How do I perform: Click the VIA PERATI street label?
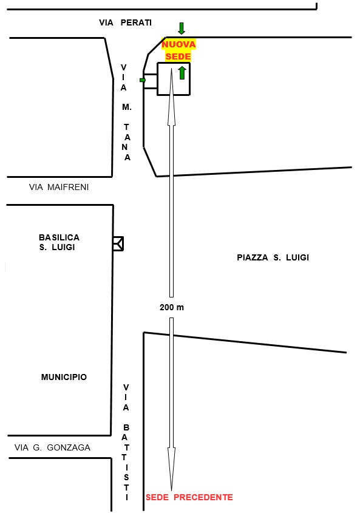125,22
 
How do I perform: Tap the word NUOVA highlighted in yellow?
178,44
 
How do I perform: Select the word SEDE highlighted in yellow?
178,56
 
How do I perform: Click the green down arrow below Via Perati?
182,29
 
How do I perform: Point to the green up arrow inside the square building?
182,73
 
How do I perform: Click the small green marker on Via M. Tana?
143,80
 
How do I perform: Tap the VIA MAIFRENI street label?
59,187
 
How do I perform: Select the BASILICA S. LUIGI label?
59,242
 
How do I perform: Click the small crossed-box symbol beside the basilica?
118,243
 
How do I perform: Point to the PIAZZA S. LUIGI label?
273,257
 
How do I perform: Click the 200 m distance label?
172,307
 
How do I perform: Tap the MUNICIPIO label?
64,377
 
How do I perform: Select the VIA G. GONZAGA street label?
52,447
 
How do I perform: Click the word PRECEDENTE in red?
203,497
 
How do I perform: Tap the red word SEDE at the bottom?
157,497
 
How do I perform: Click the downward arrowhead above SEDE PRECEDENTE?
171,469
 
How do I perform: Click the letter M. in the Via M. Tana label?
127,107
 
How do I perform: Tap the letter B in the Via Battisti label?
126,427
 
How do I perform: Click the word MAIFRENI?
68,187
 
